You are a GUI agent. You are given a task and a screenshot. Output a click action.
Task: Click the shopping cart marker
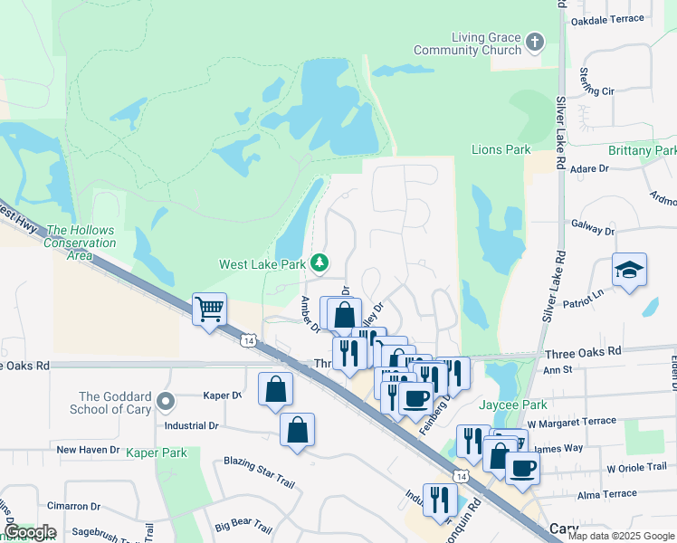click(x=209, y=310)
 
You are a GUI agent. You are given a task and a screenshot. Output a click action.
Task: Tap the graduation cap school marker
click(x=629, y=270)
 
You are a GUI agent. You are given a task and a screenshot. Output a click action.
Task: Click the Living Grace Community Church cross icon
click(x=535, y=42)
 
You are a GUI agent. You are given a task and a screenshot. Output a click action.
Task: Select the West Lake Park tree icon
click(x=319, y=263)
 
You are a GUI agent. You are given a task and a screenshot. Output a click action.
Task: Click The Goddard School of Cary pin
click(x=164, y=400)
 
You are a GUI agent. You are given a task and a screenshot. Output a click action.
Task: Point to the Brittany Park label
click(x=642, y=150)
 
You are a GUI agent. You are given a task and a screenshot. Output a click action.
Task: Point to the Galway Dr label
click(x=593, y=232)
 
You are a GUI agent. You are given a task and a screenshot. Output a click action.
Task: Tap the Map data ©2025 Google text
click(x=621, y=536)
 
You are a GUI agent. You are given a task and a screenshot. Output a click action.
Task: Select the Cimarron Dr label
click(x=75, y=506)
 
